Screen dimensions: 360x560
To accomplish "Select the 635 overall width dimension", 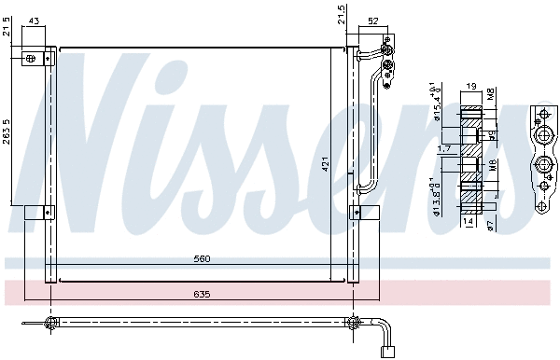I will click(x=202, y=295).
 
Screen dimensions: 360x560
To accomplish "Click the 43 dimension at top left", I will click(x=35, y=21).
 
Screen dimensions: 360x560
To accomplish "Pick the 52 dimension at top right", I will click(x=372, y=21).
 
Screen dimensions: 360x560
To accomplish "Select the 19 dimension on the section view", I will click(x=470, y=86).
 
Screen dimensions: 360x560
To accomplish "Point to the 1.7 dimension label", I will click(x=443, y=147).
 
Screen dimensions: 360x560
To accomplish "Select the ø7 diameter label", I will click(x=491, y=224).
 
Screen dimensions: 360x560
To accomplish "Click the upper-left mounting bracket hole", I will click(x=32, y=58).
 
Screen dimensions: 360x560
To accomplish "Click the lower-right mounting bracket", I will click(x=358, y=212).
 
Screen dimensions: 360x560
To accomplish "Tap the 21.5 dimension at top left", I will click(x=8, y=31).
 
